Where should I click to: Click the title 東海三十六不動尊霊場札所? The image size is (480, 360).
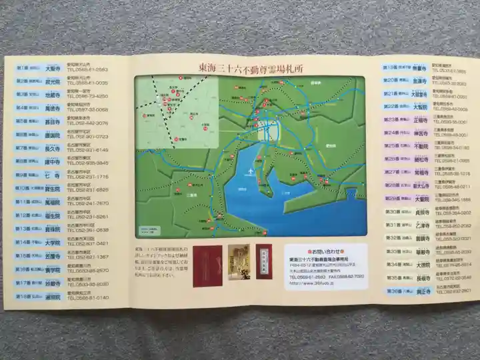point(251,67)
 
